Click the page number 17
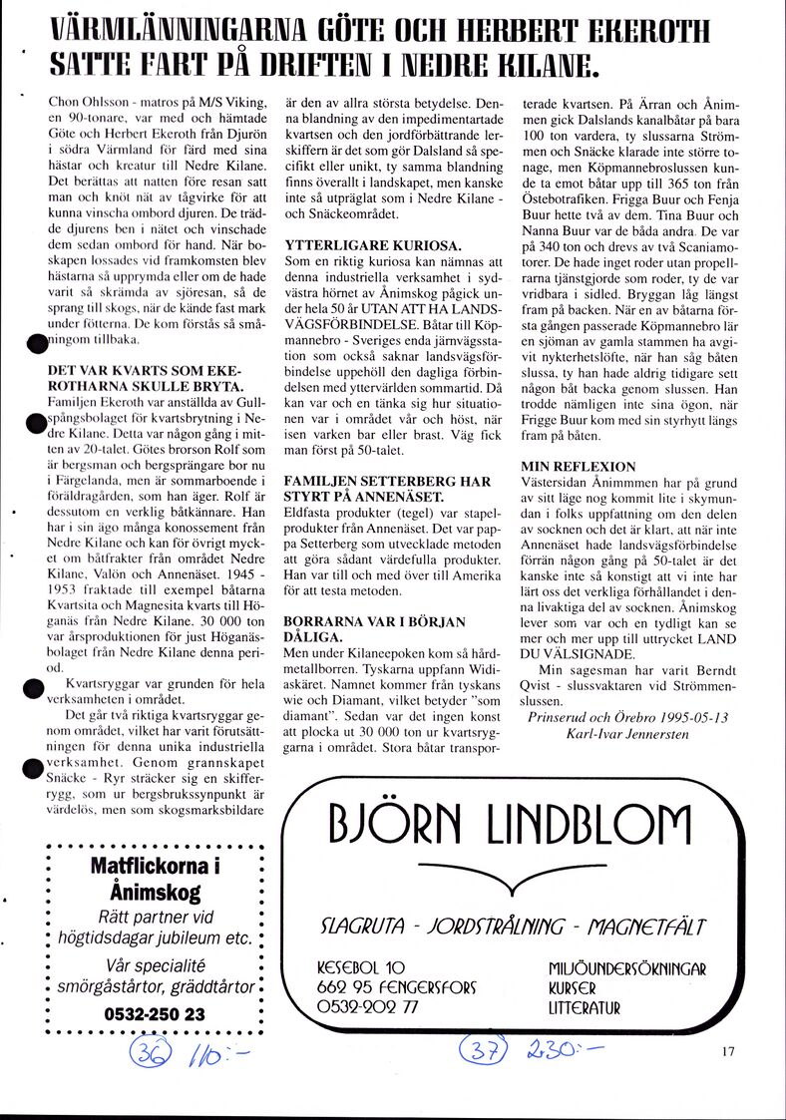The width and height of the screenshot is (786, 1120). tap(725, 1049)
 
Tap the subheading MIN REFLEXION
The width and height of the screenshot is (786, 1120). tap(578, 466)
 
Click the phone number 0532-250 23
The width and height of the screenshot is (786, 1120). tap(155, 1013)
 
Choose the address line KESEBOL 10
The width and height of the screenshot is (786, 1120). tap(360, 966)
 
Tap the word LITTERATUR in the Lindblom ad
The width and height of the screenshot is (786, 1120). tap(585, 1008)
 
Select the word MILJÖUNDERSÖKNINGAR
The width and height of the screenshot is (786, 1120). tap(626, 968)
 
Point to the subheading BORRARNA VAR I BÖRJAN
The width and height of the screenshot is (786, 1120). tap(375, 622)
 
